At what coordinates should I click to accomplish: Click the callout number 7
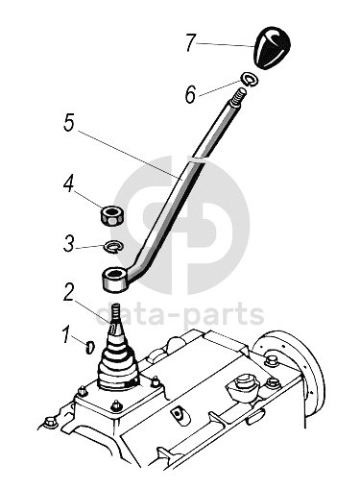[x=190, y=43]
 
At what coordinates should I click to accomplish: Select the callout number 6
[x=190, y=94]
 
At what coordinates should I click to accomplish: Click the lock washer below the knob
[x=251, y=79]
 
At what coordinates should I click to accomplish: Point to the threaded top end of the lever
[x=239, y=97]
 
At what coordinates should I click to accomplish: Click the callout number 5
[x=68, y=123]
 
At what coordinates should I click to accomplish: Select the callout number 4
[x=68, y=183]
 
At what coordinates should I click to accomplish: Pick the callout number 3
[x=68, y=244]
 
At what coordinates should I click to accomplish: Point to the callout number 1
[x=67, y=334]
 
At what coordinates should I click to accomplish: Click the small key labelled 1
[x=90, y=348]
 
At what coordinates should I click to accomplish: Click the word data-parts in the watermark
[x=180, y=314]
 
